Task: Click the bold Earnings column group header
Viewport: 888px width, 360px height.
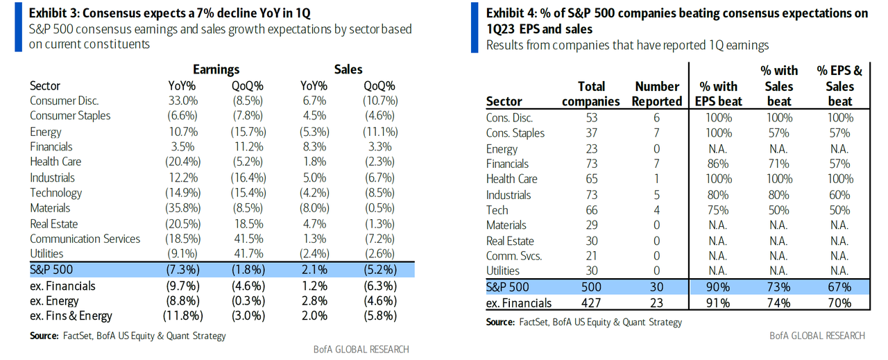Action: coord(216,69)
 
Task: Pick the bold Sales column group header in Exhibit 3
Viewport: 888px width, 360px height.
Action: coord(348,69)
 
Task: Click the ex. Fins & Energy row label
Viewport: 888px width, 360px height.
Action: coord(71,316)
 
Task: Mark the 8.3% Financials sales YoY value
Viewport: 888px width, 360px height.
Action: coord(315,147)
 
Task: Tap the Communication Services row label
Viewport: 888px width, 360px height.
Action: coord(85,239)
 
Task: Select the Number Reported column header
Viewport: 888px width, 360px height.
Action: coord(657,94)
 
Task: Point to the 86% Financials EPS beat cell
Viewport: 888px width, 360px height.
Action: coord(719,164)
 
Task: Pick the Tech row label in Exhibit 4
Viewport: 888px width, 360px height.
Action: coord(497,210)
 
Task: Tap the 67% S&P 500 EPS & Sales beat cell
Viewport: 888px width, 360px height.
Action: coord(839,287)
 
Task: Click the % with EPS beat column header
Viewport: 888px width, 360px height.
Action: coord(719,94)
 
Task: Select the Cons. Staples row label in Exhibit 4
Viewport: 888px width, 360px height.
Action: coord(515,133)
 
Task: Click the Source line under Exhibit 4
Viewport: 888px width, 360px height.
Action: coord(584,322)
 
